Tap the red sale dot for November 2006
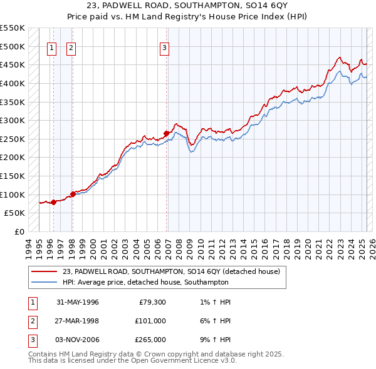tap(166, 133)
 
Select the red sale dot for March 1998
tap(73, 194)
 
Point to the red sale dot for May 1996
tap(53, 201)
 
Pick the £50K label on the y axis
tap(14, 213)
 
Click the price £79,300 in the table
tap(151, 301)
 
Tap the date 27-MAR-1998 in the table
tap(78, 320)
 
